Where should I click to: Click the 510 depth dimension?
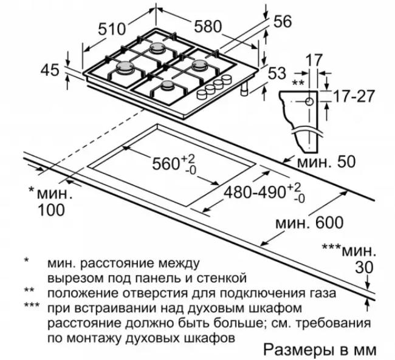click(111, 29)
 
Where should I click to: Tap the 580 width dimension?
click(208, 26)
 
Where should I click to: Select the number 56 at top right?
click(283, 21)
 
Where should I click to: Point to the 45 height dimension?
click(50, 70)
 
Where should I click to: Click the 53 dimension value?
click(277, 73)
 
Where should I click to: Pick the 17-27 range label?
click(354, 96)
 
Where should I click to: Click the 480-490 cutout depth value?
click(255, 193)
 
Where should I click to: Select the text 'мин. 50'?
click(326, 161)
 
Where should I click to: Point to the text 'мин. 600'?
click(309, 223)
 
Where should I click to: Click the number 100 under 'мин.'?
click(51, 210)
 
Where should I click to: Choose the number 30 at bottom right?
click(364, 267)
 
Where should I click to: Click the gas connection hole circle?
click(309, 102)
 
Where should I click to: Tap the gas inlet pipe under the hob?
click(244, 89)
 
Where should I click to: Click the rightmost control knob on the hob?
click(227, 80)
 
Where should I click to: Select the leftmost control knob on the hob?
click(202, 94)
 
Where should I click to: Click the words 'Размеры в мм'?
click(320, 350)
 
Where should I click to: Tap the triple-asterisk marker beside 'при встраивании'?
click(32, 305)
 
